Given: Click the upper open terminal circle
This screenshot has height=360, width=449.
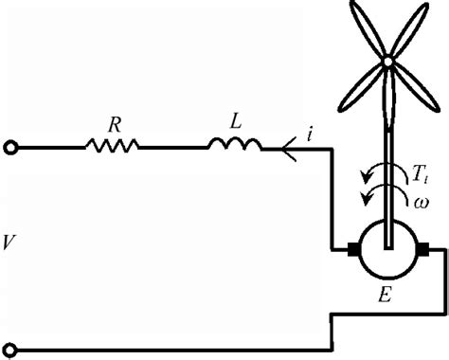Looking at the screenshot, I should pyautogui.click(x=10, y=146).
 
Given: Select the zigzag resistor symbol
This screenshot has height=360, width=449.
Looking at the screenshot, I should pyautogui.click(x=112, y=146).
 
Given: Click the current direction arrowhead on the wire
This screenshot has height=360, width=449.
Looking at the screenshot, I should pyautogui.click(x=285, y=146).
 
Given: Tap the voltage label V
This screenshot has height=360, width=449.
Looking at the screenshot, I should pyautogui.click(x=9, y=244).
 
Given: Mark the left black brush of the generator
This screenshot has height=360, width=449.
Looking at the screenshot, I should pyautogui.click(x=355, y=251).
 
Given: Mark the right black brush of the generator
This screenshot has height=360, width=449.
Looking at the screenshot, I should pyautogui.click(x=422, y=251).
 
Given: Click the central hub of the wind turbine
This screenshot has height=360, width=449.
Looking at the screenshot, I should pyautogui.click(x=388, y=62).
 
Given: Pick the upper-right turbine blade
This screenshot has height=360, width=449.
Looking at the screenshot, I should pyautogui.click(x=408, y=28).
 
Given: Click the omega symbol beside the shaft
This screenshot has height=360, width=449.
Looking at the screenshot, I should pyautogui.click(x=421, y=202).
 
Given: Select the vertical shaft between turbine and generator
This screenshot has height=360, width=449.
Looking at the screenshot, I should pyautogui.click(x=388, y=152).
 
